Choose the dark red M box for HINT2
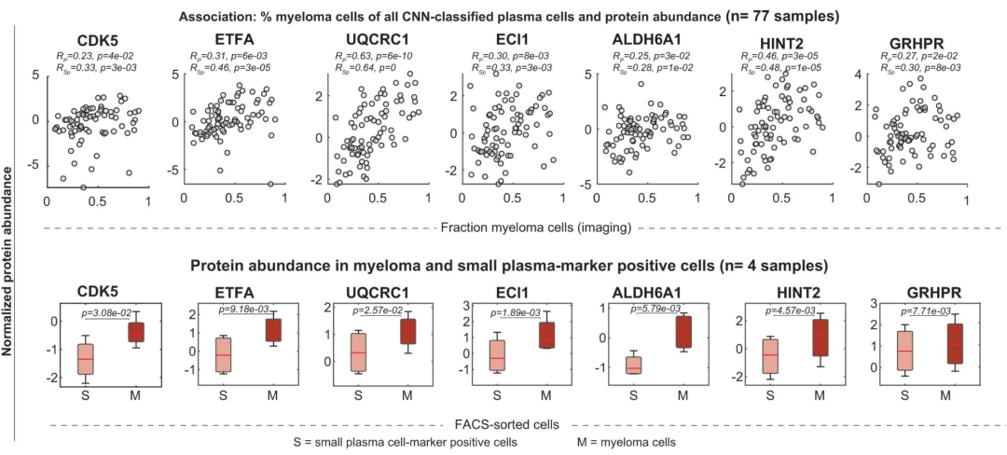[819, 338]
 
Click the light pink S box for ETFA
[222, 354]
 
